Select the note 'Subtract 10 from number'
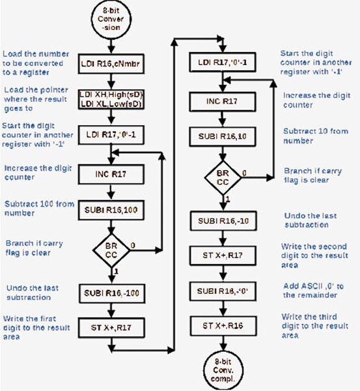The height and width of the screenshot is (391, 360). coord(309,135)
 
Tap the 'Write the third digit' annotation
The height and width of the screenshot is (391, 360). coord(309,326)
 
